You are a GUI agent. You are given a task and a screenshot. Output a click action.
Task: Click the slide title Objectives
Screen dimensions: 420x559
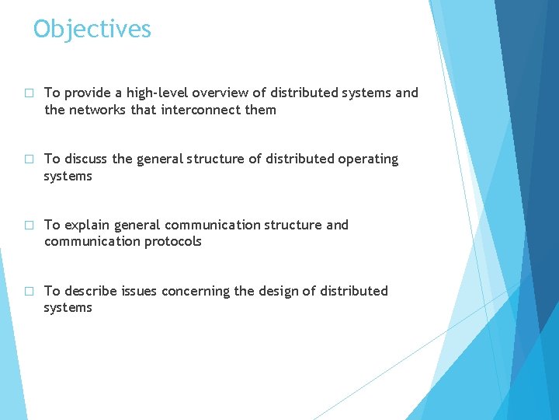tap(92, 30)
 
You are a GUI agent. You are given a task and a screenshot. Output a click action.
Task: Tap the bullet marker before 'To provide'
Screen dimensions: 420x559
tap(29, 93)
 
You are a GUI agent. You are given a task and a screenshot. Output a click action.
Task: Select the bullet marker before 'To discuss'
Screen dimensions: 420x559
tap(29, 159)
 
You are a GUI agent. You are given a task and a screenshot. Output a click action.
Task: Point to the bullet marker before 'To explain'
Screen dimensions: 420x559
tap(29, 226)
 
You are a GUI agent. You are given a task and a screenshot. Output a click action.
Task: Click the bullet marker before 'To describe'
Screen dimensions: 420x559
tap(29, 292)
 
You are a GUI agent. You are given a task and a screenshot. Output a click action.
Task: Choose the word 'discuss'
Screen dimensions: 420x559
tap(86, 159)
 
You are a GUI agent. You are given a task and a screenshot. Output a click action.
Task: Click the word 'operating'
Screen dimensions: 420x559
tap(368, 159)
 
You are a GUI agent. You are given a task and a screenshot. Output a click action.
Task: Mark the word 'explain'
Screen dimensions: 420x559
tap(86, 226)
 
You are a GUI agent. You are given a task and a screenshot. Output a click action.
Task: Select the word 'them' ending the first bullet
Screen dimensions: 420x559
tap(260, 110)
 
